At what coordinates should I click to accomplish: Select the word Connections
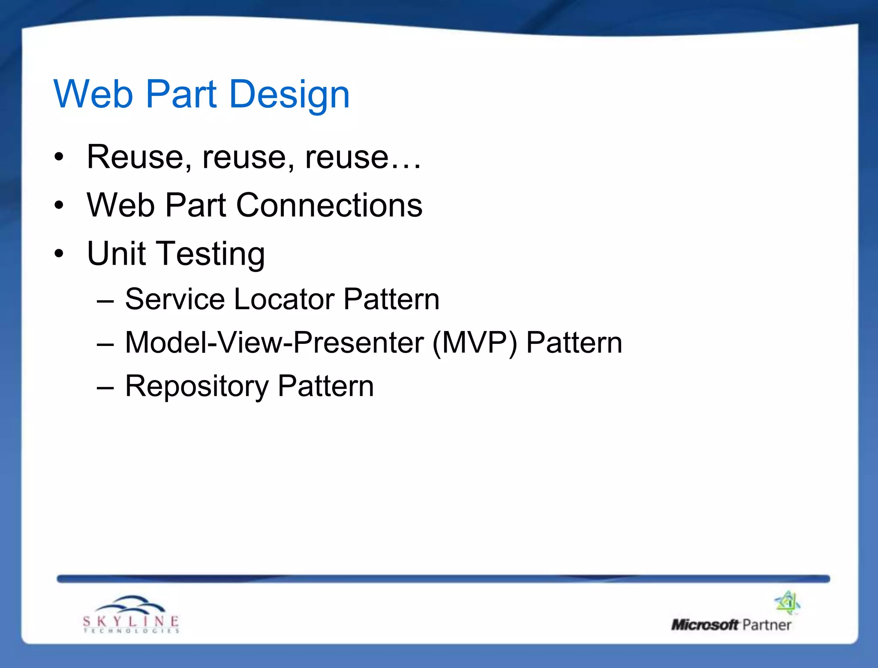[x=329, y=205]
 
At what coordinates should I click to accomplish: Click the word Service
[x=174, y=299]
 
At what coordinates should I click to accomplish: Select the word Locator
[x=284, y=299]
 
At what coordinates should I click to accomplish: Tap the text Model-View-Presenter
[x=274, y=343]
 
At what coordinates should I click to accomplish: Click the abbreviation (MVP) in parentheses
[x=475, y=343]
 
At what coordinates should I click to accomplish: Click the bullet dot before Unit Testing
[x=59, y=253]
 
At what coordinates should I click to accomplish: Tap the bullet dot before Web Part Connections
[x=59, y=206]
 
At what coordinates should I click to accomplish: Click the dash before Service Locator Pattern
[x=105, y=301]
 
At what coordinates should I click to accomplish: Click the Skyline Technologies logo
[x=131, y=614]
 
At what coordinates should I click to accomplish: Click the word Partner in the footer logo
[x=767, y=625]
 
